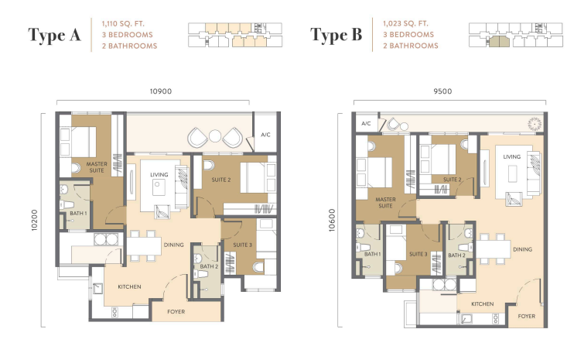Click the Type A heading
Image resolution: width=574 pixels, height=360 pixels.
pyautogui.click(x=55, y=35)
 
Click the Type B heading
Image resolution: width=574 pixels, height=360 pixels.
pyautogui.click(x=336, y=35)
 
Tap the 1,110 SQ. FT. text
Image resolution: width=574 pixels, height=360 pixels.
pyautogui.click(x=123, y=24)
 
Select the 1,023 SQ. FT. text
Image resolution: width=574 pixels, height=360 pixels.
pyautogui.click(x=405, y=23)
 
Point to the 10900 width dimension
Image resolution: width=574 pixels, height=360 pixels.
pyautogui.click(x=161, y=91)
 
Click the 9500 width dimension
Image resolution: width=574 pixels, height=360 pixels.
pyautogui.click(x=442, y=91)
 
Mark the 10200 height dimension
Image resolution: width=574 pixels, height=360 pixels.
pyautogui.click(x=34, y=220)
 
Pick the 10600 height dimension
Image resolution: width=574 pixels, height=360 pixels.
pyautogui.click(x=332, y=220)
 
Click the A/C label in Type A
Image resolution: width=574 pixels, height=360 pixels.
pyautogui.click(x=265, y=135)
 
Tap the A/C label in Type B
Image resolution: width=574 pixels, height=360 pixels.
pyautogui.click(x=366, y=123)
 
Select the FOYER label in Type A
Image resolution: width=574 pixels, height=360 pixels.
pyautogui.click(x=176, y=312)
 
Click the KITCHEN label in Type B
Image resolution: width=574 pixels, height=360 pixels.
pyautogui.click(x=482, y=304)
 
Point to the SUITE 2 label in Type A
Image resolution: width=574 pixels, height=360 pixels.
pyautogui.click(x=221, y=180)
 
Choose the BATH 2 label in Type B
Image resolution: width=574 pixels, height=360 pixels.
pyautogui.click(x=456, y=255)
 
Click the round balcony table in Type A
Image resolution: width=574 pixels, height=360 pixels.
pyautogui.click(x=215, y=135)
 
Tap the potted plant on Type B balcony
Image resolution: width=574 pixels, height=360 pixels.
pyautogui.click(x=535, y=124)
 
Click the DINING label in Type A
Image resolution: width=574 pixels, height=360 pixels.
pyautogui.click(x=173, y=245)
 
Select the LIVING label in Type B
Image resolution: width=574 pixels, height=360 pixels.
pyautogui.click(x=511, y=156)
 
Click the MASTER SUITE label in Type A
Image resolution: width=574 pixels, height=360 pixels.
pyautogui.click(x=97, y=167)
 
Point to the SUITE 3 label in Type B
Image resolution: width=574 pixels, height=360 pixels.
pyautogui.click(x=418, y=254)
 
